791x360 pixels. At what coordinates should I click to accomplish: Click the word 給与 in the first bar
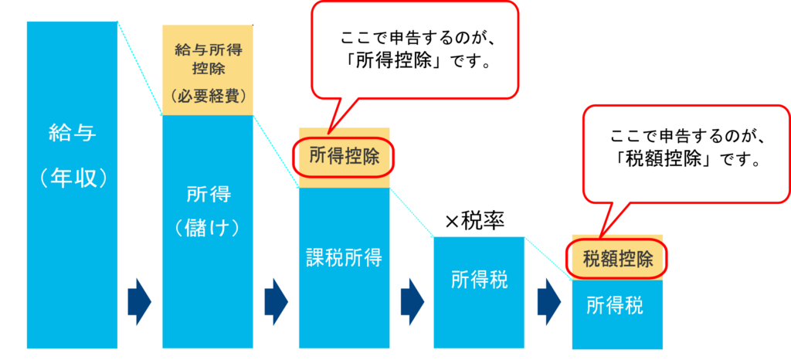point(72,134)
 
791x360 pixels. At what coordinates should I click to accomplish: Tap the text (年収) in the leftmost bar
point(72,179)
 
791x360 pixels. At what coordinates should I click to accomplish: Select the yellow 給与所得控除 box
point(208,70)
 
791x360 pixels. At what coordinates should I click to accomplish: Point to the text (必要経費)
point(208,97)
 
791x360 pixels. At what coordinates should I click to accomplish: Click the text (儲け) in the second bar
point(208,228)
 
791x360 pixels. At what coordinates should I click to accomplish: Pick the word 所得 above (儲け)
point(208,194)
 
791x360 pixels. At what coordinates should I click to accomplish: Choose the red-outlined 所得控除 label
point(345,158)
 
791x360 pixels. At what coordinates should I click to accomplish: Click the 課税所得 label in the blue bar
point(345,257)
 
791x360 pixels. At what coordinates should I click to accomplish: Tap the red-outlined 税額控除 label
point(618,259)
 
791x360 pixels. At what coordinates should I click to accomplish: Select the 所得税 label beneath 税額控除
point(615,306)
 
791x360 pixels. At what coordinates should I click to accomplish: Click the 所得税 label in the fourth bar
point(480,280)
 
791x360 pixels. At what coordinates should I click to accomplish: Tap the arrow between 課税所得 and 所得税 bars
point(412,297)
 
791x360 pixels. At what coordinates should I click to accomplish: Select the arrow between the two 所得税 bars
point(549,297)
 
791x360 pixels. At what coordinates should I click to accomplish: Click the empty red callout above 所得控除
point(414,49)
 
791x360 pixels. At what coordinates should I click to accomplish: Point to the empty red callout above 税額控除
point(685,152)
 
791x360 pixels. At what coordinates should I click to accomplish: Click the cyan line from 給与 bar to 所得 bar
point(140,69)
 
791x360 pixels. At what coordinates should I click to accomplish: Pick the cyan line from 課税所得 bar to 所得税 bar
point(412,212)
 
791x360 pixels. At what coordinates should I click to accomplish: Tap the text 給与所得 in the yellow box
point(208,51)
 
